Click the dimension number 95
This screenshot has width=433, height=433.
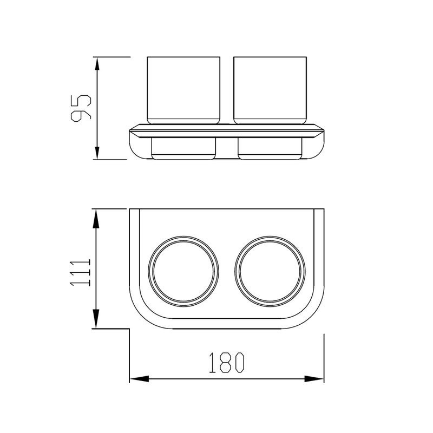tap(81, 108)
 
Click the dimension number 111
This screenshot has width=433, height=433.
tap(80, 272)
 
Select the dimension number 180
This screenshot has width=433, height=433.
tap(227, 363)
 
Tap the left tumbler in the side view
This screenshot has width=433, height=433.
tap(183, 90)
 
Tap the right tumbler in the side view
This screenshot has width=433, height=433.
tap(270, 90)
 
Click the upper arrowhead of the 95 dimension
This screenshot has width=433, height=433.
tap(97, 64)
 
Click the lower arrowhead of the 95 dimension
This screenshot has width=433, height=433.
tap(97, 153)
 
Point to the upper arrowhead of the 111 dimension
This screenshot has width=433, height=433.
tap(96, 219)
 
